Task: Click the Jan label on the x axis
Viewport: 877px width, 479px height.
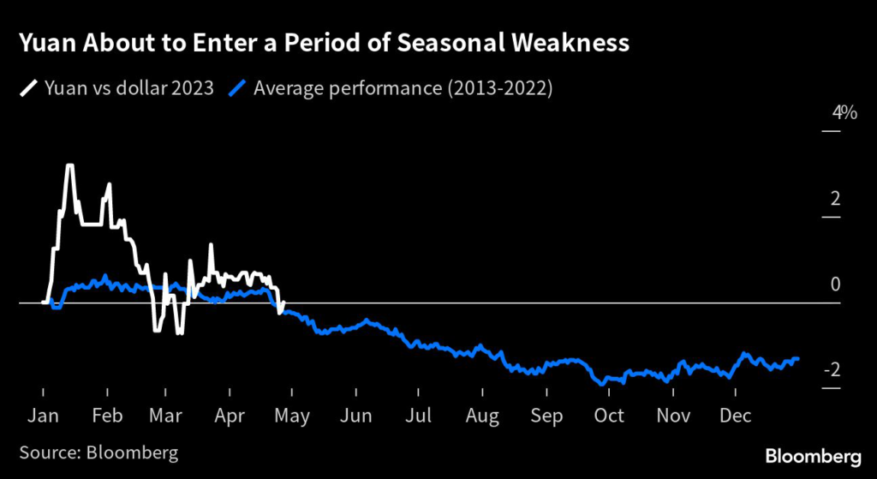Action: click(x=43, y=416)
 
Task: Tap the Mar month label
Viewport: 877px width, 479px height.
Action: click(x=167, y=416)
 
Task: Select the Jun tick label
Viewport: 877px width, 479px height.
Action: click(x=355, y=416)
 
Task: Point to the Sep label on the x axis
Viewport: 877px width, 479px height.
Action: click(x=546, y=416)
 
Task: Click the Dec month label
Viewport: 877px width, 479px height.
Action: click(x=736, y=416)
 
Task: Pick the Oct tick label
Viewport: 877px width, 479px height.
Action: click(x=609, y=416)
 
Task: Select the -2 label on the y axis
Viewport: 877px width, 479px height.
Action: click(x=831, y=370)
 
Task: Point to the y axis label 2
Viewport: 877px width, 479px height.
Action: click(x=835, y=199)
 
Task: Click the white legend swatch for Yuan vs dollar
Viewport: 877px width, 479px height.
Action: click(x=29, y=87)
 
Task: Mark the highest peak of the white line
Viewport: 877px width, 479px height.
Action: click(x=69, y=165)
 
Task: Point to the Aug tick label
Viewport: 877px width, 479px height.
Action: click(x=483, y=416)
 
